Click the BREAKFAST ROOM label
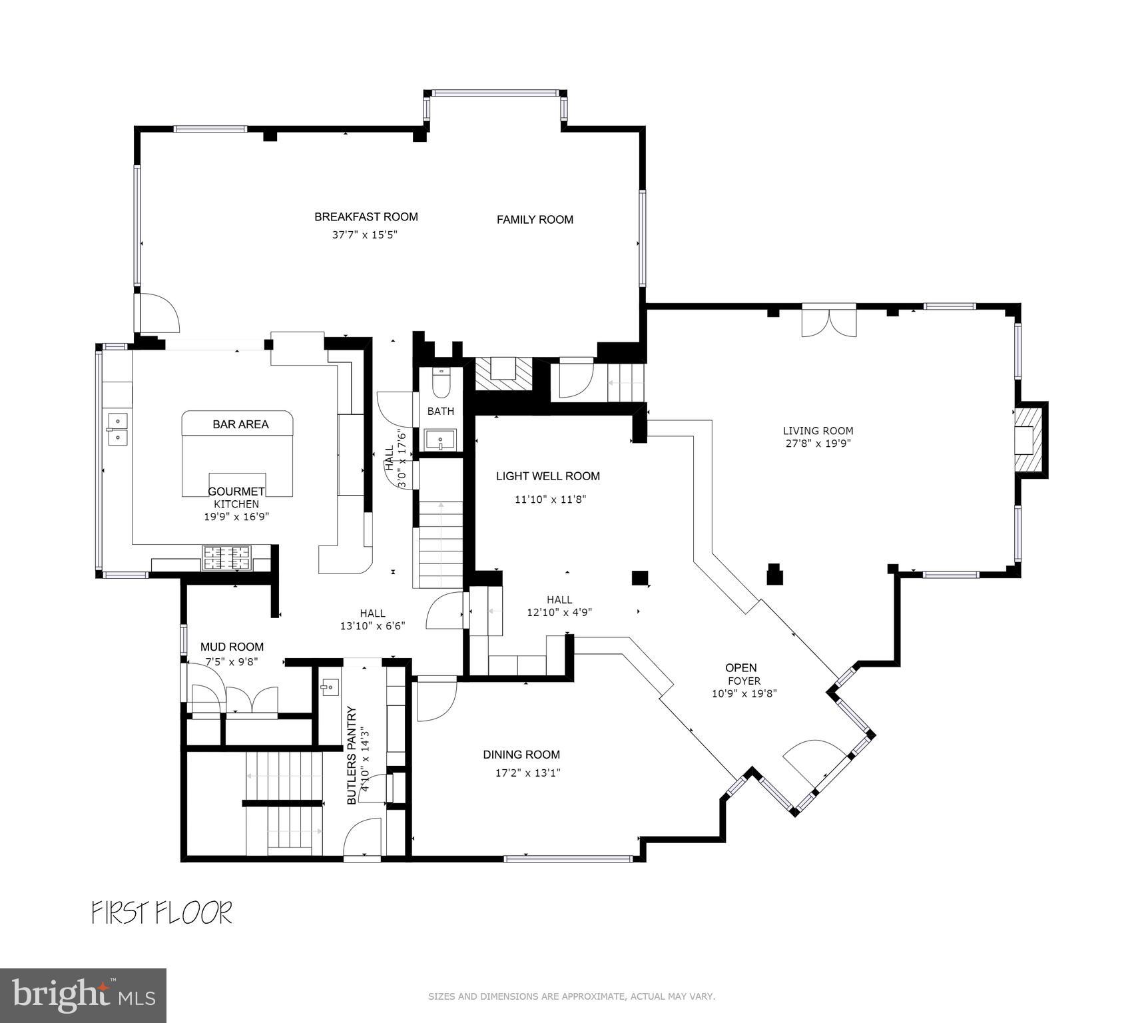(x=366, y=216)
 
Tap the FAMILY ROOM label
(x=535, y=219)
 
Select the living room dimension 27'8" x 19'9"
(x=818, y=443)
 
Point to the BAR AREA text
(x=240, y=424)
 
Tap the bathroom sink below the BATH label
(x=441, y=440)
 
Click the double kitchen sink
(x=117, y=428)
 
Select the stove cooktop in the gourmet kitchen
(x=226, y=558)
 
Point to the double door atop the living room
(x=829, y=320)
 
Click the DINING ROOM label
(x=521, y=755)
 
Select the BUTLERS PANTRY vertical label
(x=352, y=755)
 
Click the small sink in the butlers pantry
(x=329, y=686)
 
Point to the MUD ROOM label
(x=232, y=647)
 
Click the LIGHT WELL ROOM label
(x=548, y=476)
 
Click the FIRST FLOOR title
(x=162, y=912)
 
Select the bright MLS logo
(x=83, y=995)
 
